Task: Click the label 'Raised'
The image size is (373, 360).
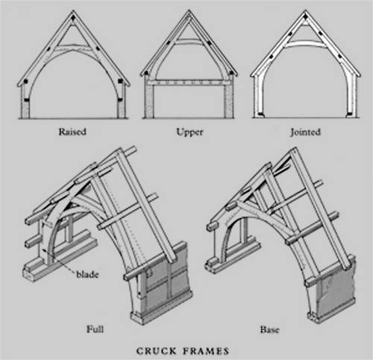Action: point(72,131)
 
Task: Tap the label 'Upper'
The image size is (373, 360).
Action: point(189,132)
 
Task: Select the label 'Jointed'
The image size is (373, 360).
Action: point(306,132)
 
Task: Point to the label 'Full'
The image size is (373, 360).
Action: point(95,329)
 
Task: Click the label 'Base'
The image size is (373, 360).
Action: point(270,329)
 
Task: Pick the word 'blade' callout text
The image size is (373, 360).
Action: point(87,274)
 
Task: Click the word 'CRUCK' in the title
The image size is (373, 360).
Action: point(157,351)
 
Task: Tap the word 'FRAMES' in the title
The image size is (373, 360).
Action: point(206,351)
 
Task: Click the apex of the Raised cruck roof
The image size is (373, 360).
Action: point(73,10)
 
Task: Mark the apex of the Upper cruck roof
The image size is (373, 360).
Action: point(189,10)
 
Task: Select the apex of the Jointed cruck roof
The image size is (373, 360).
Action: point(306,10)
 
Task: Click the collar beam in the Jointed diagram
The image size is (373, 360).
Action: point(306,44)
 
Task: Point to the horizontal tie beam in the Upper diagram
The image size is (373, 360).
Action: point(189,82)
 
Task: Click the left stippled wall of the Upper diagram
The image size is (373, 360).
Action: point(149,102)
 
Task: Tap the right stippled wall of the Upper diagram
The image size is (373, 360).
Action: point(229,102)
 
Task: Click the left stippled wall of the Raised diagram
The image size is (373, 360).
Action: point(25,110)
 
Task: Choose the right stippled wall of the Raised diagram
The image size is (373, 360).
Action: point(121,110)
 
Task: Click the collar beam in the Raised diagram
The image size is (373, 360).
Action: point(73,46)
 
